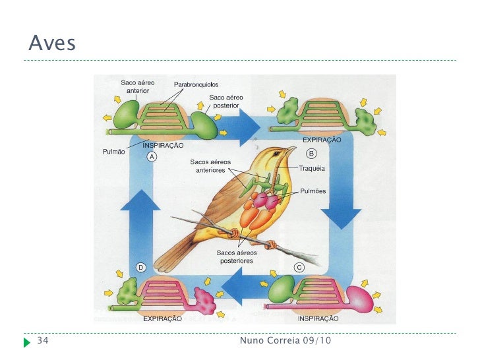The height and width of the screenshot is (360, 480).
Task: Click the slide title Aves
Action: [52, 44]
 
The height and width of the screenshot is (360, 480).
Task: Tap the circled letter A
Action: [152, 157]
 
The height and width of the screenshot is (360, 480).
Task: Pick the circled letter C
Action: [299, 268]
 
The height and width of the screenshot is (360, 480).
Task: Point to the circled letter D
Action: [140, 267]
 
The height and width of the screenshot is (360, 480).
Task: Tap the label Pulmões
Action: [313, 191]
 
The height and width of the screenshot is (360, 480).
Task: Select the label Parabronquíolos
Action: [196, 85]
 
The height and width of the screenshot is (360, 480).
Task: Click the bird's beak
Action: [290, 149]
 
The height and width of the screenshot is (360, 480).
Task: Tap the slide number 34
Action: [43, 341]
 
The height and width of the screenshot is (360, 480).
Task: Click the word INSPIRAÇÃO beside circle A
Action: [164, 145]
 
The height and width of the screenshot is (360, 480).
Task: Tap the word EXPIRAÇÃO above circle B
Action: [321, 140]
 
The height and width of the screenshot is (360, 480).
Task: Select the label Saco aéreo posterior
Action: [225, 101]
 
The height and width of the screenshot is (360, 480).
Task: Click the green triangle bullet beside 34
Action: [27, 342]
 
